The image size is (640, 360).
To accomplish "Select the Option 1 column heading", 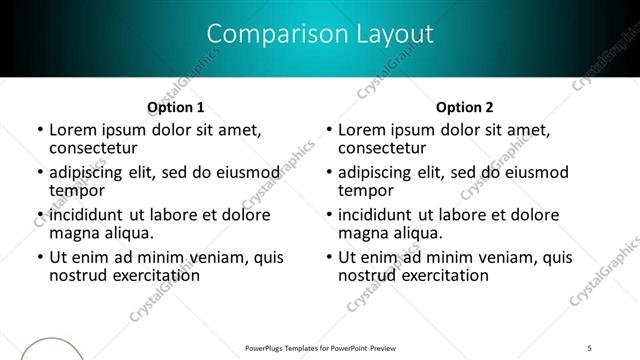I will click(x=176, y=107).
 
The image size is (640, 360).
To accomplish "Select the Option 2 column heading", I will click(x=465, y=107).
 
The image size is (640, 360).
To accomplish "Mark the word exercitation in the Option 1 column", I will click(x=158, y=275).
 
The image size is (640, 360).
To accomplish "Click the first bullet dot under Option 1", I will click(x=40, y=130).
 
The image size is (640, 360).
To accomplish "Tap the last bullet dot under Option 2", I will click(x=329, y=258).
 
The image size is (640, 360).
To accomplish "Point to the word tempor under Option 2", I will click(x=364, y=190).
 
